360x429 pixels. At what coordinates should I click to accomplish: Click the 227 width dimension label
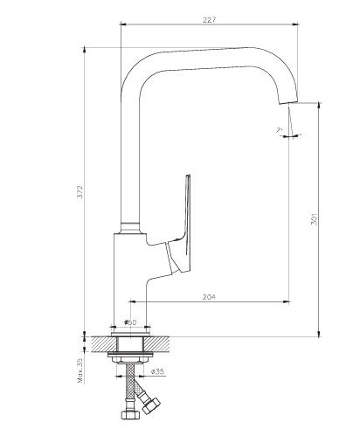point(210,20)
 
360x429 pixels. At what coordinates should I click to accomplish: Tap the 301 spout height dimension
point(314,219)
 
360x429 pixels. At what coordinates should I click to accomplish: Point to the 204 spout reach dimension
point(210,297)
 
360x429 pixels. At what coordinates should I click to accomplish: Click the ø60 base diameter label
point(130,322)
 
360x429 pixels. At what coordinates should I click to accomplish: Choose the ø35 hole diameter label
point(158,371)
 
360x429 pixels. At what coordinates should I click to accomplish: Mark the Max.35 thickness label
point(80,370)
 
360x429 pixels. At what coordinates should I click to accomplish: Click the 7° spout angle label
point(280,130)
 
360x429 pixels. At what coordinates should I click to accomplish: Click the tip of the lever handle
point(188,176)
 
